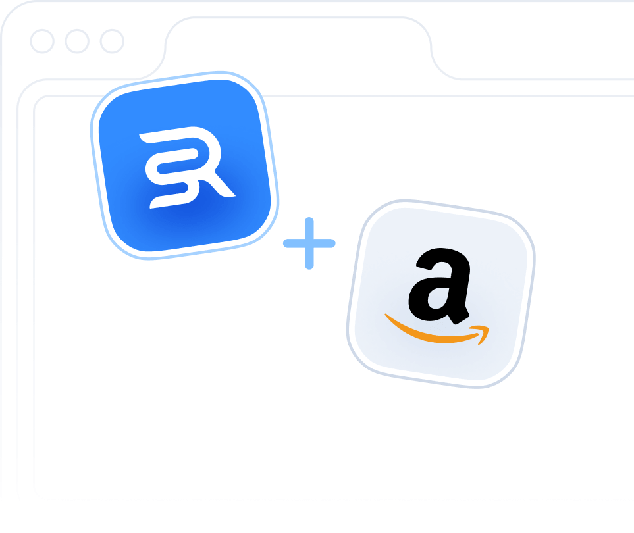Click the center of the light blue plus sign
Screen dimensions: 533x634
[x=309, y=243]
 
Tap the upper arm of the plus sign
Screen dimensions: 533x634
[x=309, y=227]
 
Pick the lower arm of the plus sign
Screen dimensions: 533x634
[x=309, y=261]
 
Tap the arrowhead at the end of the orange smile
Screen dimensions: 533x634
[x=483, y=332]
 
